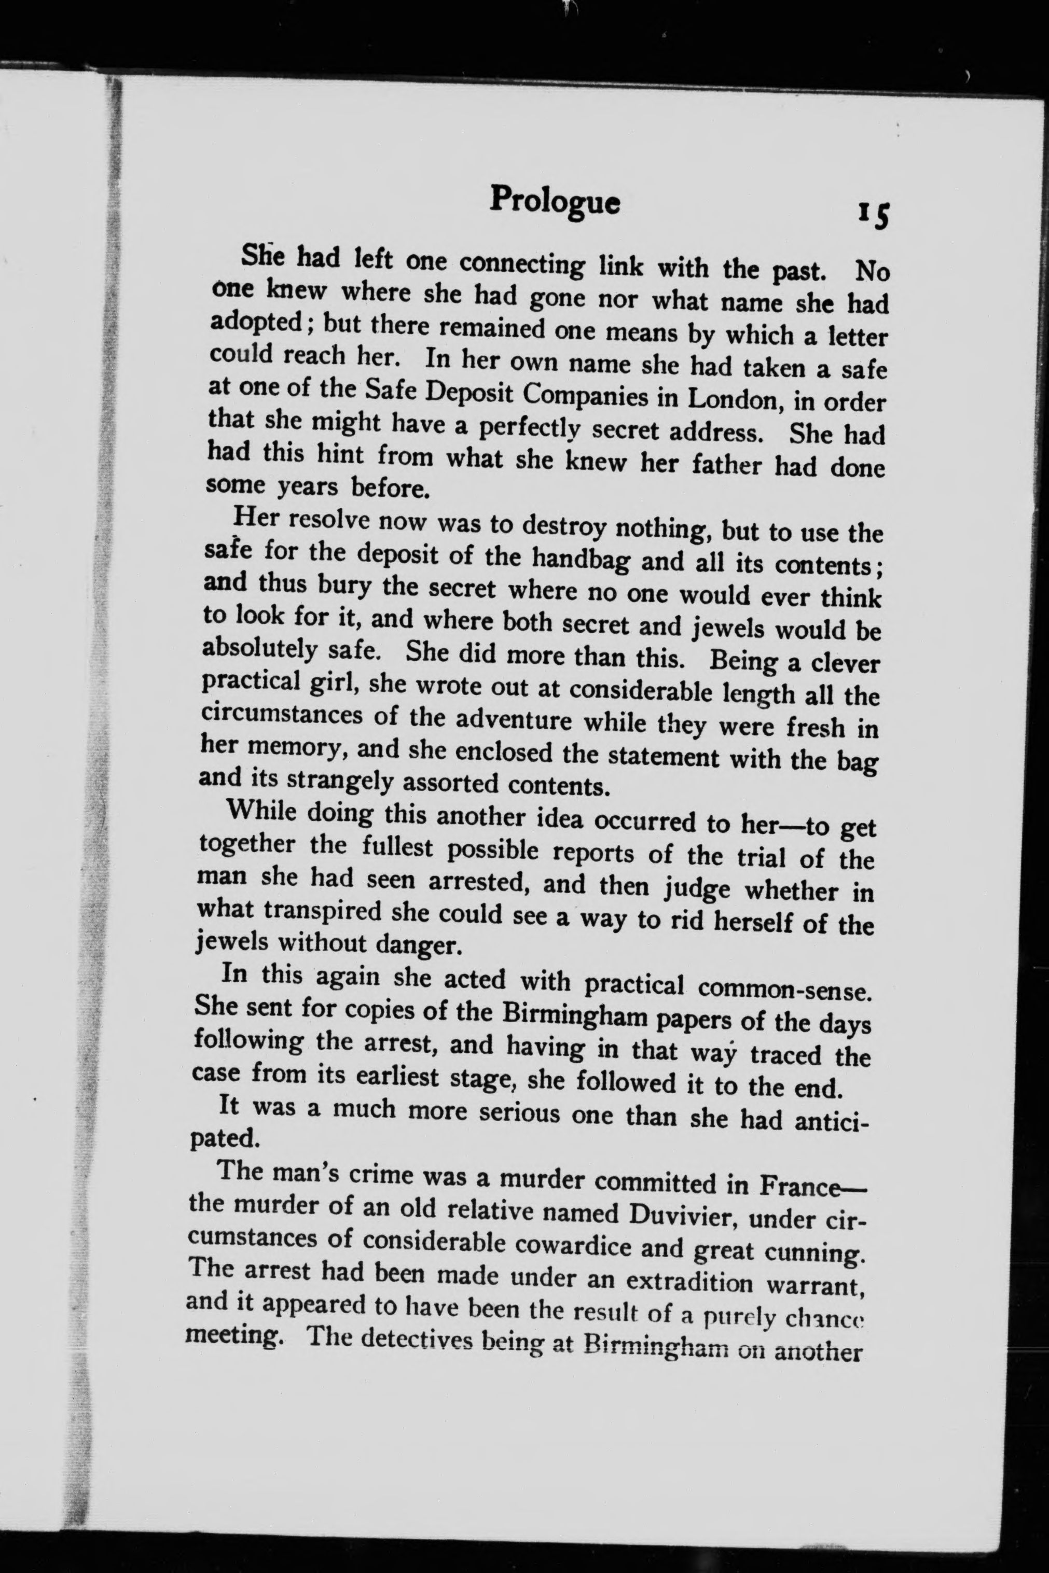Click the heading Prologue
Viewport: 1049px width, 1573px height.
coord(555,200)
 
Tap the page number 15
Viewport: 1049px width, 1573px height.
coord(874,215)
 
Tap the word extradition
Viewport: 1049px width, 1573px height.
coord(689,1280)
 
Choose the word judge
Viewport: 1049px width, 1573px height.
coord(696,889)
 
